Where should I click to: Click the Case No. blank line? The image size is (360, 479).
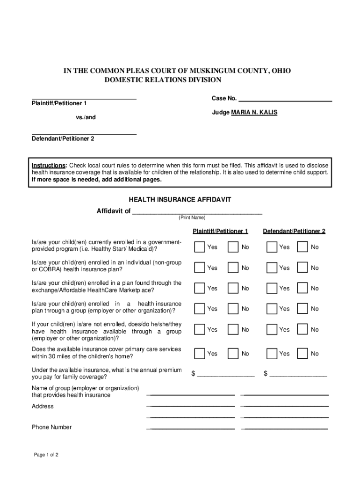pyautogui.click(x=285, y=99)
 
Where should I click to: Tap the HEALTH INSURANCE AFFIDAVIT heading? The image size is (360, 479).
pyautogui.click(x=180, y=200)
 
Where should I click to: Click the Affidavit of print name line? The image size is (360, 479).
pyautogui.click(x=197, y=211)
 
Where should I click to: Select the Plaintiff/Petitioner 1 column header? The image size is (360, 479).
pyautogui.click(x=220, y=231)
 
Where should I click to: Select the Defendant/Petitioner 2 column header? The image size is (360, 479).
pyautogui.click(x=294, y=231)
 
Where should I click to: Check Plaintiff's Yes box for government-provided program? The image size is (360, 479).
pyautogui.click(x=200, y=247)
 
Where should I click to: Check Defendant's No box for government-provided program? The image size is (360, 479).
pyautogui.click(x=302, y=247)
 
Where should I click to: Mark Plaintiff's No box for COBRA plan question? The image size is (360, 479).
pyautogui.click(x=232, y=268)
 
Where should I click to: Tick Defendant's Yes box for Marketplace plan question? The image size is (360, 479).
pyautogui.click(x=272, y=289)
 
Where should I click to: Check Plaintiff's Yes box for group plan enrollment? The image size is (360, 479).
pyautogui.click(x=200, y=309)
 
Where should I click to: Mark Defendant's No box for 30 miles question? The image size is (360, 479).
pyautogui.click(x=302, y=354)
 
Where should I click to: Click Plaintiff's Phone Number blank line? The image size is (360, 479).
pyautogui.click(x=191, y=428)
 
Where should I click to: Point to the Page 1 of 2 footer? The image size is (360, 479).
pyautogui.click(x=46, y=455)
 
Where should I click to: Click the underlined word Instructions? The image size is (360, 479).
pyautogui.click(x=49, y=166)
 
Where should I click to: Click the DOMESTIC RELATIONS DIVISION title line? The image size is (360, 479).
pyautogui.click(x=162, y=80)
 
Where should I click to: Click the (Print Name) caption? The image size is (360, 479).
pyautogui.click(x=191, y=218)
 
